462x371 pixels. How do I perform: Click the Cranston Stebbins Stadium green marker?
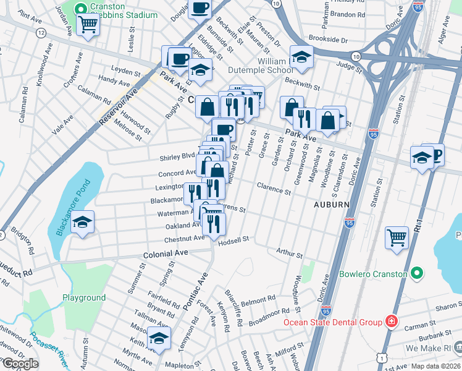point(80,9)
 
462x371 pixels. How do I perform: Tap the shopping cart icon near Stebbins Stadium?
point(88,25)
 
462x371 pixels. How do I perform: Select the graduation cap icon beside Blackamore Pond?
point(82,222)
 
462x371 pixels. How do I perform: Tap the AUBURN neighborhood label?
point(331,204)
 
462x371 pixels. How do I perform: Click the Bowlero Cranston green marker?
point(417,273)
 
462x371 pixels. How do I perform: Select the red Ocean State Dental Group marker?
point(391,321)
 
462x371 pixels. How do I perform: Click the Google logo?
point(20,364)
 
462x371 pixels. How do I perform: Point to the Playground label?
point(84,297)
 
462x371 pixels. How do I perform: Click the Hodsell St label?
point(233,239)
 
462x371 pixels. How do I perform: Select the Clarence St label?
point(274,192)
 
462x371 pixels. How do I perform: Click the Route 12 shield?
point(41,32)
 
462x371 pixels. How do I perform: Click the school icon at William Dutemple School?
point(301,58)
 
